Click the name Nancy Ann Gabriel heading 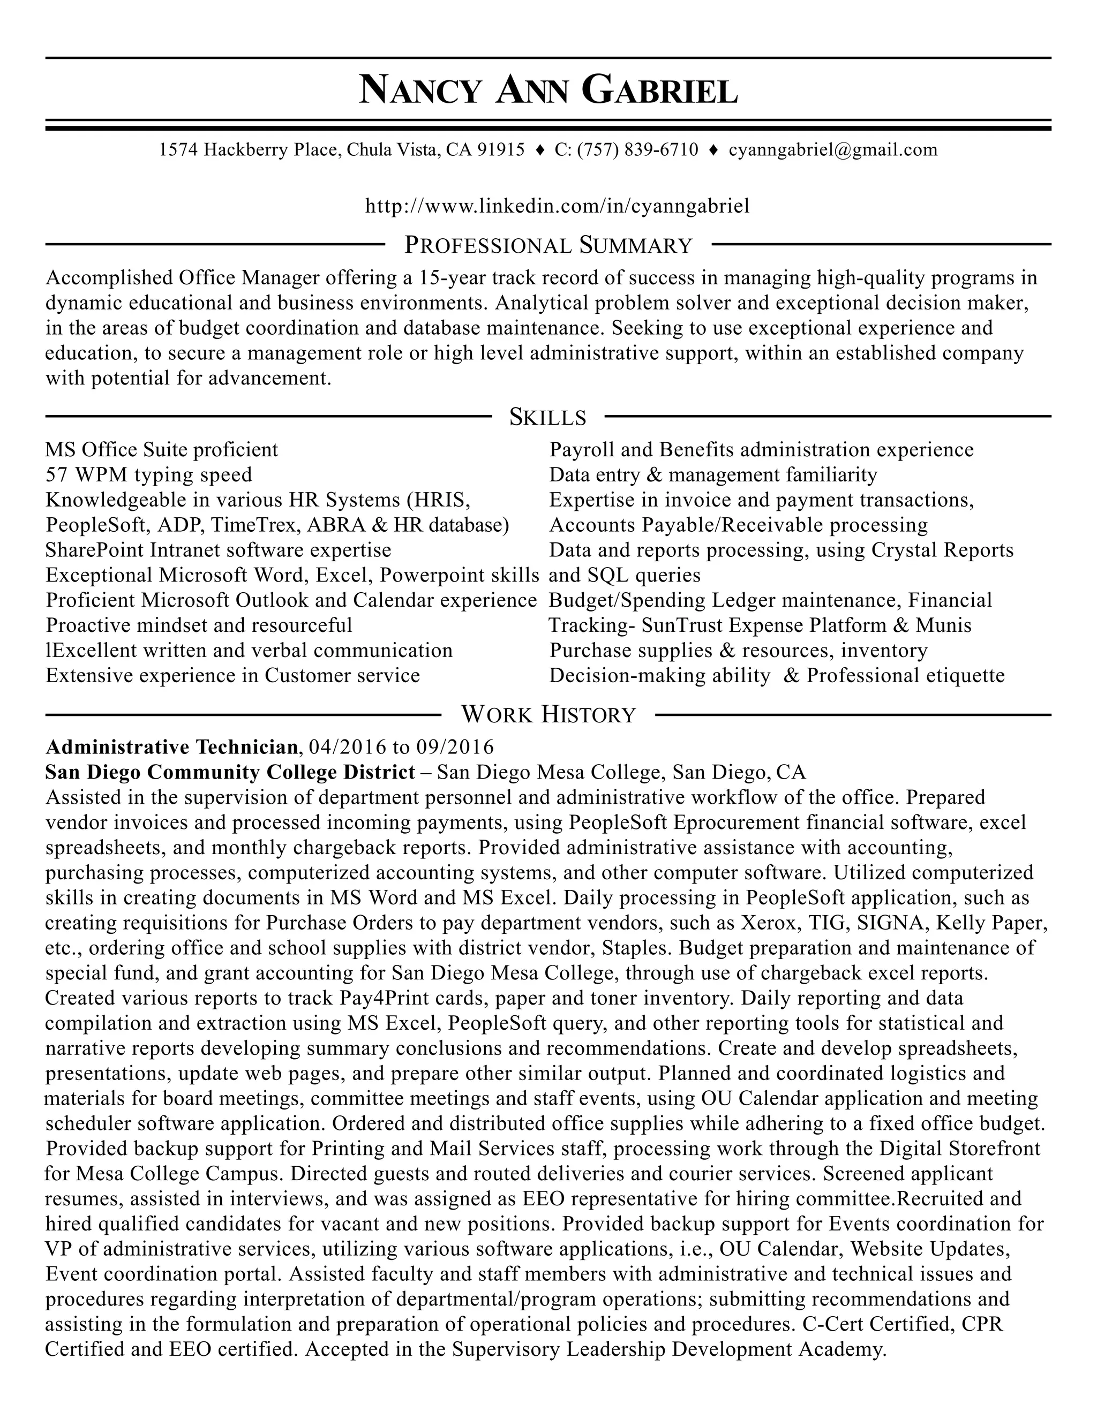[548, 90]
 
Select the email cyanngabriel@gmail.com [833, 150]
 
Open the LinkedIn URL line [557, 206]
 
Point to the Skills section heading [548, 417]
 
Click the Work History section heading [548, 715]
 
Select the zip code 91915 [500, 150]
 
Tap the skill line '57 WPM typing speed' [149, 475]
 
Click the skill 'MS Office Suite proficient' [162, 450]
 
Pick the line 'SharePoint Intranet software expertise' [219, 550]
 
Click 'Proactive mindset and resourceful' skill [199, 625]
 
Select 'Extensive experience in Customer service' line [232, 676]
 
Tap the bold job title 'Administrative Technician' [171, 746]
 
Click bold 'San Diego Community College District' [230, 772]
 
